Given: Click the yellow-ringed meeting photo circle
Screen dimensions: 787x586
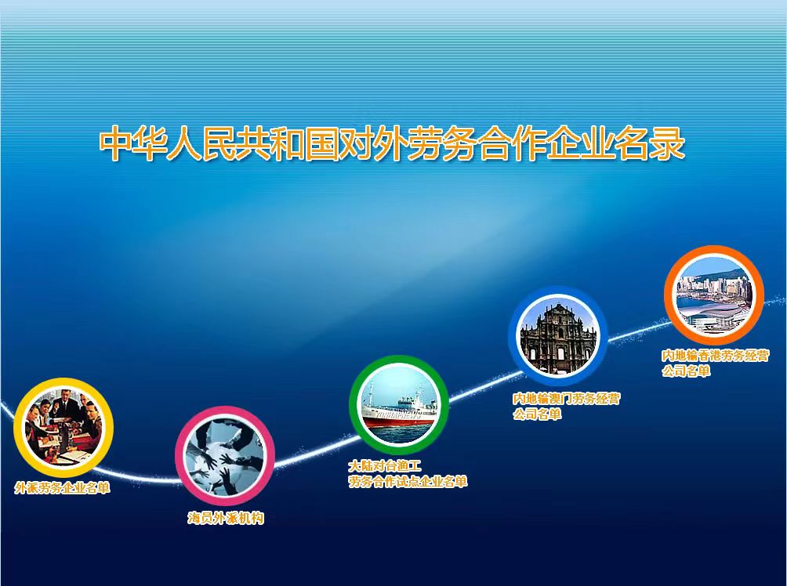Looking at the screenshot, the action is (63, 427).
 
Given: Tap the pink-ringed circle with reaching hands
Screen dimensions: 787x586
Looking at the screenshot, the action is (225, 455).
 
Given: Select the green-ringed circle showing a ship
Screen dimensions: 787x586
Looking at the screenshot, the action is (399, 404).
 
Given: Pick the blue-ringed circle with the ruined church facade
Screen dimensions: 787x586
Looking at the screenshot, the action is (558, 336).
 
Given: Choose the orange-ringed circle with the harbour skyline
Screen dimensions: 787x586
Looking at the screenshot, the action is (714, 295).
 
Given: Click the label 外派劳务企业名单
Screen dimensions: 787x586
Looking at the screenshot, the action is (62, 487).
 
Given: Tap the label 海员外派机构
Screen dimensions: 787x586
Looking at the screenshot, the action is (225, 518).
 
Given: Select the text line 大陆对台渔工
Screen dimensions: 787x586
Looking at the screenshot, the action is (385, 466).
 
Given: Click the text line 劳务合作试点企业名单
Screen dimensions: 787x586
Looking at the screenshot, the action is (408, 482).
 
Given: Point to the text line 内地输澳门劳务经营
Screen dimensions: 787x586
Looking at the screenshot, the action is (566, 399).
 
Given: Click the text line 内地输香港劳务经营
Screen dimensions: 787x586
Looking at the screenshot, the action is (715, 356).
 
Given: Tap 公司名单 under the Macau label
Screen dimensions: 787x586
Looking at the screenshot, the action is (536, 414).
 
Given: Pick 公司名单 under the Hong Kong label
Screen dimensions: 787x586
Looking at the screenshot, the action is (686, 371).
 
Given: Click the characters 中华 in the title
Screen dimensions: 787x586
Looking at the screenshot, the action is (132, 144).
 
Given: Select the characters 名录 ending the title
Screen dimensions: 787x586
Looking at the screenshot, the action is (651, 144).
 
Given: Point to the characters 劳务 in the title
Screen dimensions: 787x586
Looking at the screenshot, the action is (443, 144).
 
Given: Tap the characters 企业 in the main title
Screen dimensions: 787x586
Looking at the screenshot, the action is (582, 144).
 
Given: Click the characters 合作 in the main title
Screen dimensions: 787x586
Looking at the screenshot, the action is (513, 144).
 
